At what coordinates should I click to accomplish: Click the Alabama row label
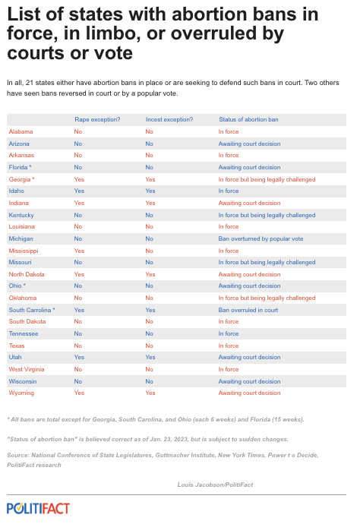point(21,131)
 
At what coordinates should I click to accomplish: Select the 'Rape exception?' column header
point(97,119)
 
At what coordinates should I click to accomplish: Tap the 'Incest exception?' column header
point(169,119)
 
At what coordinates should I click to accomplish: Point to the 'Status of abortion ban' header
point(249,119)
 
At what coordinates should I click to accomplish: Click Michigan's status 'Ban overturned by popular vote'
point(261,238)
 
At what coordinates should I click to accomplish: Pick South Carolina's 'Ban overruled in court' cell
point(248,310)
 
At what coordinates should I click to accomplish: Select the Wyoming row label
point(21,393)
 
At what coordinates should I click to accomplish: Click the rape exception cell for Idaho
point(78,191)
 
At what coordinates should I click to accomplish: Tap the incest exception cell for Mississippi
point(150,250)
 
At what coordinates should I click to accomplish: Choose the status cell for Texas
point(229,345)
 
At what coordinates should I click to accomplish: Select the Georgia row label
point(21,179)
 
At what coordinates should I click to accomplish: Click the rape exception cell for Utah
point(78,357)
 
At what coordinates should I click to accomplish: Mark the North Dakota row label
point(27,274)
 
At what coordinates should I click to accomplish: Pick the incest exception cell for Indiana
point(150,203)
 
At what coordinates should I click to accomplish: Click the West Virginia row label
point(27,369)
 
